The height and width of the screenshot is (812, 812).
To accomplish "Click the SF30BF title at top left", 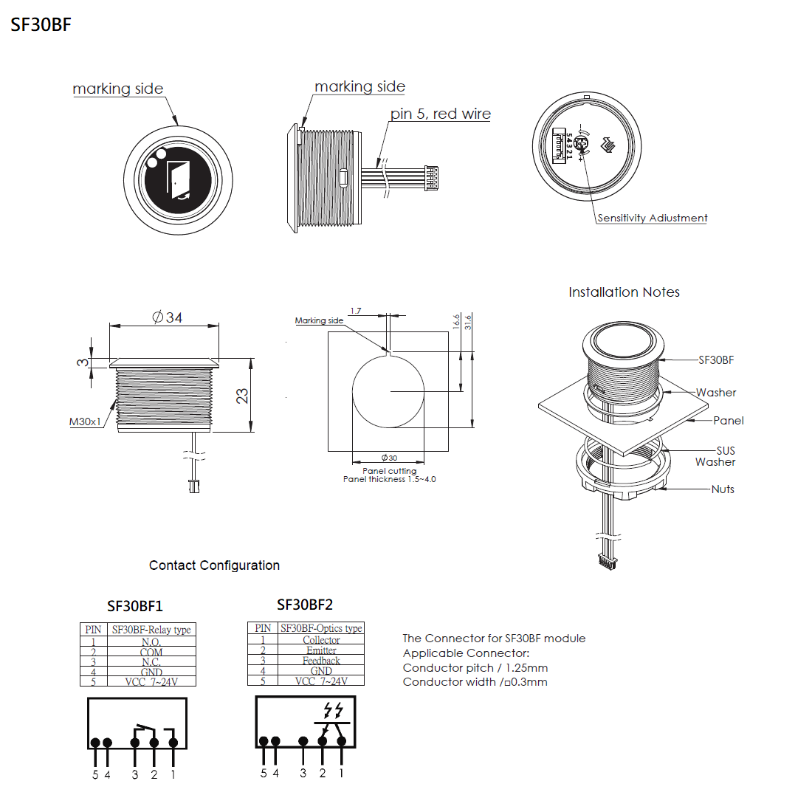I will pyautogui.click(x=41, y=24).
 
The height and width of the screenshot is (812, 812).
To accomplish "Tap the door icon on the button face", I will pyautogui.click(x=177, y=179).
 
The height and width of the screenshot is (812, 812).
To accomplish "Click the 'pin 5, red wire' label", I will pyautogui.click(x=441, y=114).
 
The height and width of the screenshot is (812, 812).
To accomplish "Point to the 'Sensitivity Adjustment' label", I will pyautogui.click(x=652, y=218).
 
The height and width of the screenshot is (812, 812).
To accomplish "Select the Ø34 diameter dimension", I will pyautogui.click(x=167, y=317).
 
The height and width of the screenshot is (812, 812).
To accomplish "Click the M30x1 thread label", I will pyautogui.click(x=85, y=422).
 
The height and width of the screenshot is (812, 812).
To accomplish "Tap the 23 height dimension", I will pyautogui.click(x=242, y=396).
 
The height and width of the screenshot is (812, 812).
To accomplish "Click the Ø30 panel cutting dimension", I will pyautogui.click(x=389, y=458).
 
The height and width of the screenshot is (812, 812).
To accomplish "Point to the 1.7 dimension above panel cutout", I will pyautogui.click(x=356, y=311).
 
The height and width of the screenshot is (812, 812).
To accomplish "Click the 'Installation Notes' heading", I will pyautogui.click(x=624, y=292).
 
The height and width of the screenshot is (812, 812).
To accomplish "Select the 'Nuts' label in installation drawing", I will pyautogui.click(x=723, y=489).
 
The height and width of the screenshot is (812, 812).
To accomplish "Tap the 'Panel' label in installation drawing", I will pyautogui.click(x=728, y=421).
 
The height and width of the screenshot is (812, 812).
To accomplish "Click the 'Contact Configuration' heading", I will pyautogui.click(x=214, y=565).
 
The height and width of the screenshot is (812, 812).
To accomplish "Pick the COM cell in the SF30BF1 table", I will pyautogui.click(x=151, y=652).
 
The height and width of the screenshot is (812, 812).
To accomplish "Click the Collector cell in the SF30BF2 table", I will pyautogui.click(x=321, y=640).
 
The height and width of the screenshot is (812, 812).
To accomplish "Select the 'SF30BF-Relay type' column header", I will pyautogui.click(x=151, y=630).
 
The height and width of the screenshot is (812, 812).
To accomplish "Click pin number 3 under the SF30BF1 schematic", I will pyautogui.click(x=135, y=774).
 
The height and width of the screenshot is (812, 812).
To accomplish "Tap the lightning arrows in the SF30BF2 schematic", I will pyautogui.click(x=334, y=710).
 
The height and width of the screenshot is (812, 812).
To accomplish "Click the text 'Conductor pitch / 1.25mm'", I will pyautogui.click(x=475, y=667).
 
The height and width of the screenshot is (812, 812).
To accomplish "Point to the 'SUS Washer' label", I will pyautogui.click(x=716, y=456).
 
